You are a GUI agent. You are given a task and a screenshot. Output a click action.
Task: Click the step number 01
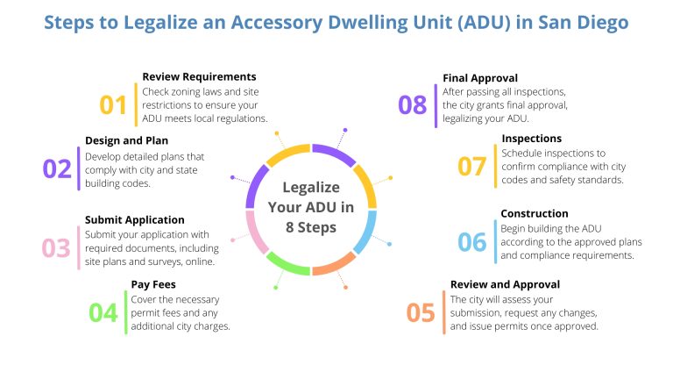(x=113, y=105)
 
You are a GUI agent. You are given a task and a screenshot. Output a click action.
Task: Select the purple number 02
(x=57, y=168)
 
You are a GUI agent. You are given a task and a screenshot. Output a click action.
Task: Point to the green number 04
(x=103, y=312)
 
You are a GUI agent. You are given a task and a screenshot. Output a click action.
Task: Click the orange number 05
(x=421, y=312)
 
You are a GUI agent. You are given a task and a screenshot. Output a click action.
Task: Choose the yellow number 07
(x=472, y=166)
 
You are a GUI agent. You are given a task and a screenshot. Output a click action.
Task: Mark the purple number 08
(x=412, y=105)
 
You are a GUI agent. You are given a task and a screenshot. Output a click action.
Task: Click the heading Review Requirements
(x=199, y=76)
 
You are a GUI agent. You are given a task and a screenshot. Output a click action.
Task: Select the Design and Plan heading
(x=126, y=140)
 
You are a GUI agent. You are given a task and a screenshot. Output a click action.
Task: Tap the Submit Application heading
(x=135, y=219)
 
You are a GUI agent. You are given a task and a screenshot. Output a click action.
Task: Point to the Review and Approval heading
(x=505, y=284)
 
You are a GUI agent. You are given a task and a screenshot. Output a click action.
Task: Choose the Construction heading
(x=535, y=213)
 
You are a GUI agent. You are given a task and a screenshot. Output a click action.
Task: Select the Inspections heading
(x=532, y=139)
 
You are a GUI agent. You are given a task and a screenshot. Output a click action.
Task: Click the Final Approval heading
(x=480, y=77)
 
